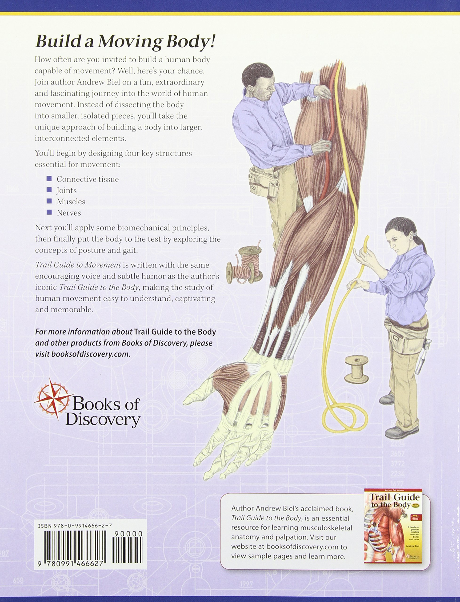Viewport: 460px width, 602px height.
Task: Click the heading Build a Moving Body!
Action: [x=124, y=42]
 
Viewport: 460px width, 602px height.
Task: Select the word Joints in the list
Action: [x=67, y=190]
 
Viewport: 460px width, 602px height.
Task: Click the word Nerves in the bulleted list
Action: [x=69, y=213]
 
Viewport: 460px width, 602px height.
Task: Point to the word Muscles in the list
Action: [x=71, y=202]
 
